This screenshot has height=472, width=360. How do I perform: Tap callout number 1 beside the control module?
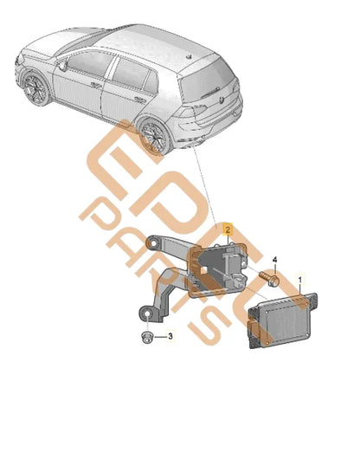pyautogui.click(x=300, y=280)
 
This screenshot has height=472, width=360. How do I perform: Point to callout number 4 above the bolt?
pyautogui.click(x=275, y=260)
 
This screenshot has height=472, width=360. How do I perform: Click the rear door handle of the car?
pyautogui.click(x=126, y=97)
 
